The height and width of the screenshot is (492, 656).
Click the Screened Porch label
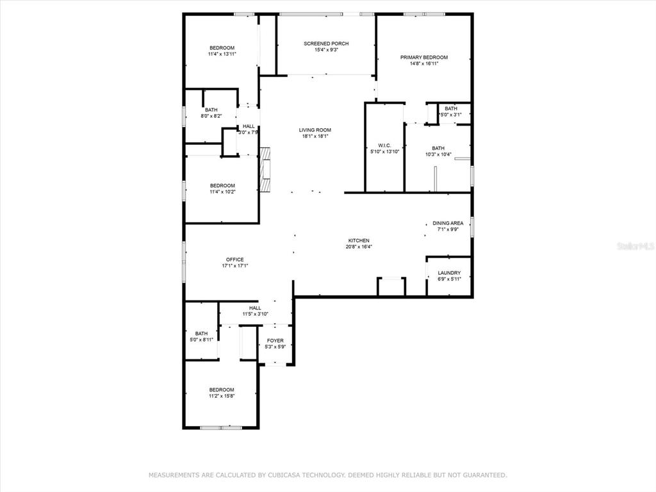[326, 44]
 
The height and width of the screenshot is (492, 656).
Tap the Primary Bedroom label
[424, 57]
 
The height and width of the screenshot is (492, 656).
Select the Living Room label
[315, 130]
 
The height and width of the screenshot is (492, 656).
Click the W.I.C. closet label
[384, 145]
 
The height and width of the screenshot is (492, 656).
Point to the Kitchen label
[359, 241]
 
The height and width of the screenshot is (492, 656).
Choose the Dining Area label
[448, 224]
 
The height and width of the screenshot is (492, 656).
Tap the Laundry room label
[449, 273]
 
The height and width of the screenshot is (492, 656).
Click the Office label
[235, 260]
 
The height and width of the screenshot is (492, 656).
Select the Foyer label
[275, 341]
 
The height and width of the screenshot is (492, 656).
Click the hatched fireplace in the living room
[265, 169]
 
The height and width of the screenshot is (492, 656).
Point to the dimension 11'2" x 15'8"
[222, 396]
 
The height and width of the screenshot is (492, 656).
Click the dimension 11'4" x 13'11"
[222, 54]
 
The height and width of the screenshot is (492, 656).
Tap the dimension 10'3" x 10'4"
[438, 154]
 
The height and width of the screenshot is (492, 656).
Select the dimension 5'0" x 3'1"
[451, 115]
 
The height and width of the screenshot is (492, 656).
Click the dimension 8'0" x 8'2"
[211, 117]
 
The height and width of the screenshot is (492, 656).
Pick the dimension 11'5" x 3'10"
[255, 314]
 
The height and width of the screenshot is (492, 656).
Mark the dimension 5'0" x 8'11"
[202, 340]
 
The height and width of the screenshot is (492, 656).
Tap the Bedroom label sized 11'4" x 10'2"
[222, 186]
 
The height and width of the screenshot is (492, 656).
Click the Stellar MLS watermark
[635, 247]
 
